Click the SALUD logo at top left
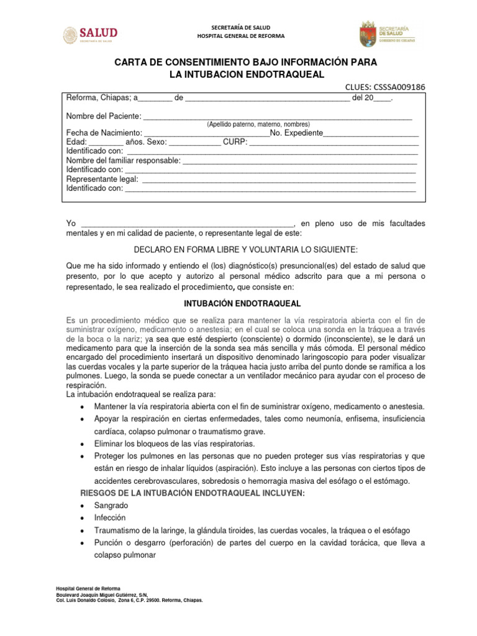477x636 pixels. [x=90, y=35]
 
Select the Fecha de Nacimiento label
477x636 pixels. [x=104, y=133]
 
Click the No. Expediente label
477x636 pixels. [x=297, y=133]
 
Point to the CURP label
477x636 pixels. [x=235, y=142]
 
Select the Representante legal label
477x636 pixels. [x=102, y=179]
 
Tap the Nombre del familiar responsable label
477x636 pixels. [x=124, y=160]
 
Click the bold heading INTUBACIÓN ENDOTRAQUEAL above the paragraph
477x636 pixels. [x=243, y=304]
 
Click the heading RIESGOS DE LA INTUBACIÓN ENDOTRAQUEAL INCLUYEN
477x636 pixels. [x=193, y=493]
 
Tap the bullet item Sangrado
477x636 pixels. [x=111, y=506]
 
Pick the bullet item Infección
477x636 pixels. [x=110, y=517]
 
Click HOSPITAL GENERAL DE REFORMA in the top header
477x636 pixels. [x=240, y=36]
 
